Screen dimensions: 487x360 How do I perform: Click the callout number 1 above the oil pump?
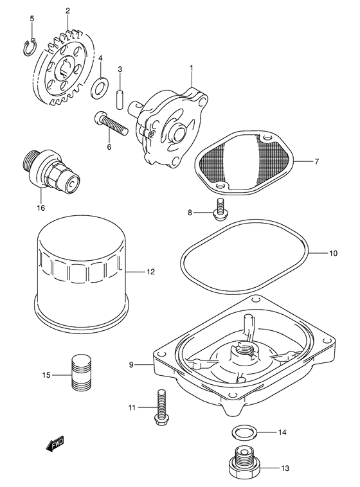pyautogui.click(x=191, y=67)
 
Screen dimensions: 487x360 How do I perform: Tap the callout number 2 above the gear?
pyautogui.click(x=67, y=10)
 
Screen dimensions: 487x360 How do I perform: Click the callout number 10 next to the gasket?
pyautogui.click(x=332, y=253)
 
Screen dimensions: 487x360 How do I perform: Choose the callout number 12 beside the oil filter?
pyautogui.click(x=150, y=272)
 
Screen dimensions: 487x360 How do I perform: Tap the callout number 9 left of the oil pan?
pyautogui.click(x=130, y=364)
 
